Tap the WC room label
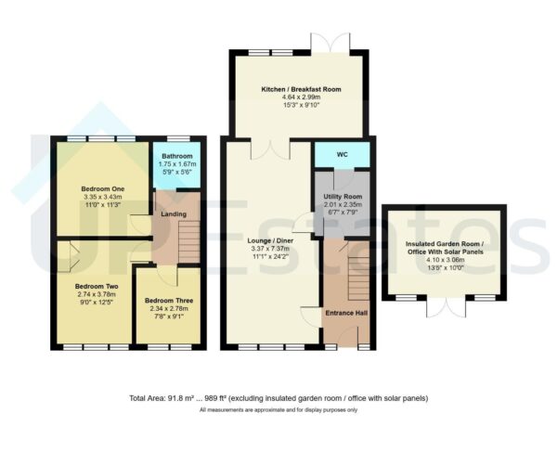341,155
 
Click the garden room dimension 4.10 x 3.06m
445,264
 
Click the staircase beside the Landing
188,243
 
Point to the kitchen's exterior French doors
334,44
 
